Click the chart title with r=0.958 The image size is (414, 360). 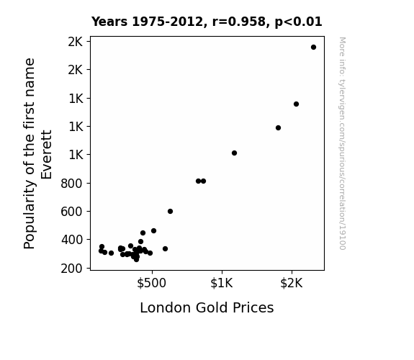207,22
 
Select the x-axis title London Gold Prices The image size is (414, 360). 207,307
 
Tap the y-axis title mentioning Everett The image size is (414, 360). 37,153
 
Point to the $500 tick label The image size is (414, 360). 151,283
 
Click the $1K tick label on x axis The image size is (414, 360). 222,283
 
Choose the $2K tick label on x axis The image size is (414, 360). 291,283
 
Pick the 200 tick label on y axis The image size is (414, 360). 71,269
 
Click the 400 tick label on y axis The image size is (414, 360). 71,240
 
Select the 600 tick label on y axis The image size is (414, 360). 71,212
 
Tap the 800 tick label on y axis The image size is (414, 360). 71,184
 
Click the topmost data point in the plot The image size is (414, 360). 313,48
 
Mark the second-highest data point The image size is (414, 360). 296,104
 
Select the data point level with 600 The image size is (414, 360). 171,211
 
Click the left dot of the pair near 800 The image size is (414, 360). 198,181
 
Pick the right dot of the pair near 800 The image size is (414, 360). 203,181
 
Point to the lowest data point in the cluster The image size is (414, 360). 136,260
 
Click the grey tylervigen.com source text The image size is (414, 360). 342,143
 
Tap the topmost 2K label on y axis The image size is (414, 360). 76,42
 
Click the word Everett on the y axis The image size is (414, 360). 47,155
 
